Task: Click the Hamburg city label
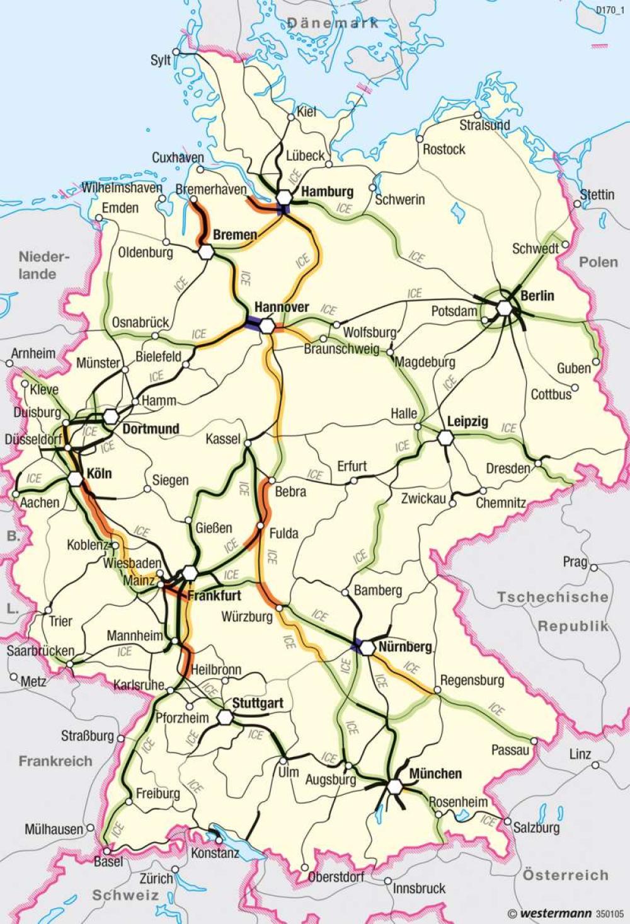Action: point(327,192)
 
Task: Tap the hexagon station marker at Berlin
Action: point(504,308)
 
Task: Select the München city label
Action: point(435,773)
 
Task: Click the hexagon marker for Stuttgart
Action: point(226,717)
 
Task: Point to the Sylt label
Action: point(161,60)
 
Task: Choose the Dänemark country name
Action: point(333,23)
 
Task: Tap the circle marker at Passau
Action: point(534,741)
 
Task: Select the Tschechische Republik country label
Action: point(553,611)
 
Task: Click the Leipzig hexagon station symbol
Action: point(445,437)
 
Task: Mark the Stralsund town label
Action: point(484,125)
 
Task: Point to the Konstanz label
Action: point(215,853)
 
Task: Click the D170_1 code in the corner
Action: point(609,9)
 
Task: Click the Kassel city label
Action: point(223,438)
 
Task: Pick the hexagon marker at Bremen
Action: point(206,252)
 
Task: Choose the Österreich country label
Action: point(565,875)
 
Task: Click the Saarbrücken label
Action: point(40,650)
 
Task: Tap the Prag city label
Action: point(575,562)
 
